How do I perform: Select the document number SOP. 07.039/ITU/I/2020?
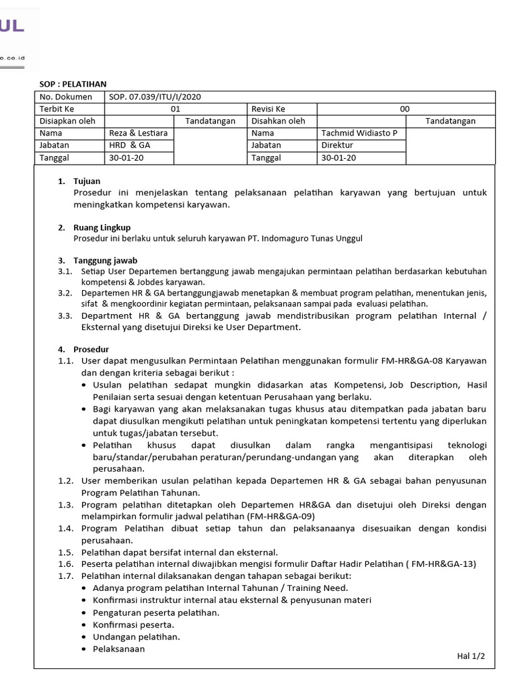(155, 97)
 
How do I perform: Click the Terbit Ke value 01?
(176, 109)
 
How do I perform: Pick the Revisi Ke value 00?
(405, 109)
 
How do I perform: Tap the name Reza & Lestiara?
(138, 133)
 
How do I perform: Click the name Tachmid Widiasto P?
(359, 133)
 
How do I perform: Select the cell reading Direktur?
(337, 145)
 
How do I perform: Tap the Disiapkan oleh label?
(67, 121)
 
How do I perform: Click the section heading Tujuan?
(87, 181)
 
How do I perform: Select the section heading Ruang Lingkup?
(102, 227)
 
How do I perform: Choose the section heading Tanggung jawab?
(105, 260)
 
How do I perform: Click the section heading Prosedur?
(92, 349)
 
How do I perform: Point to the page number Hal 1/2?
(471, 656)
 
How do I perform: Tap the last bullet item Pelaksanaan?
(119, 648)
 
